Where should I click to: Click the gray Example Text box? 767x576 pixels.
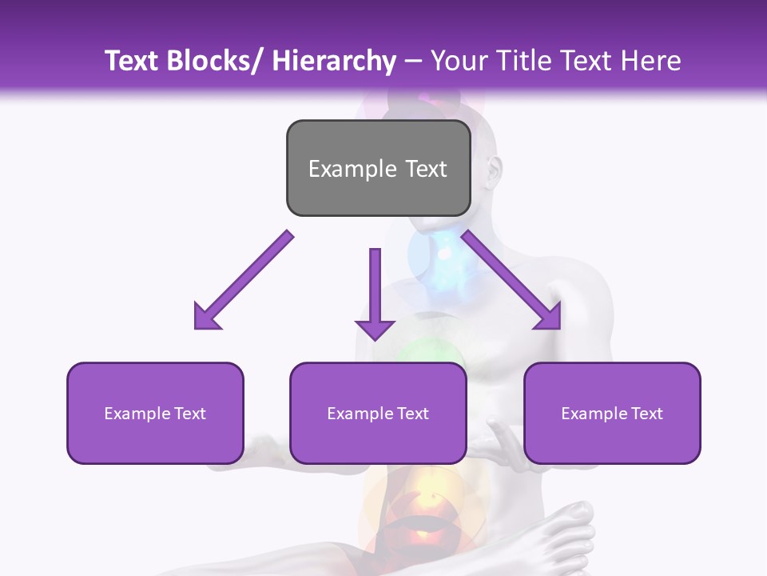[x=378, y=168]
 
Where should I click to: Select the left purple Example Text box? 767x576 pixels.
[x=155, y=413]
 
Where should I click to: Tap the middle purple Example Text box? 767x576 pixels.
[x=378, y=413]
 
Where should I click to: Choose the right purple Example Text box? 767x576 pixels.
[x=612, y=413]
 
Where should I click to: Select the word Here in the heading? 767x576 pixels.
[x=649, y=61]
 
